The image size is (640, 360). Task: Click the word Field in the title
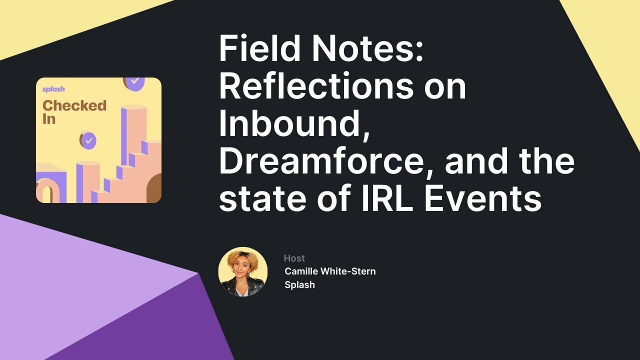coord(259,48)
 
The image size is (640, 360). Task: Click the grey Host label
coord(294,258)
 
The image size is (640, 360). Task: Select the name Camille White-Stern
coord(330,271)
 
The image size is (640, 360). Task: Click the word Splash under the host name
coord(299,285)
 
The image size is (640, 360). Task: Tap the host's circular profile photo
coord(243,271)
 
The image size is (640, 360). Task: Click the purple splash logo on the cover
coord(53,89)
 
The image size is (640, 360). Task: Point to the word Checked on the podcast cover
coord(74,105)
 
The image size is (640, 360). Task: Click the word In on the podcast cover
coord(48,119)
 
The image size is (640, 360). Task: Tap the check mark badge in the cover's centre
coord(88,140)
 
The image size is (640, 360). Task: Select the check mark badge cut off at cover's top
coord(134,81)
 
